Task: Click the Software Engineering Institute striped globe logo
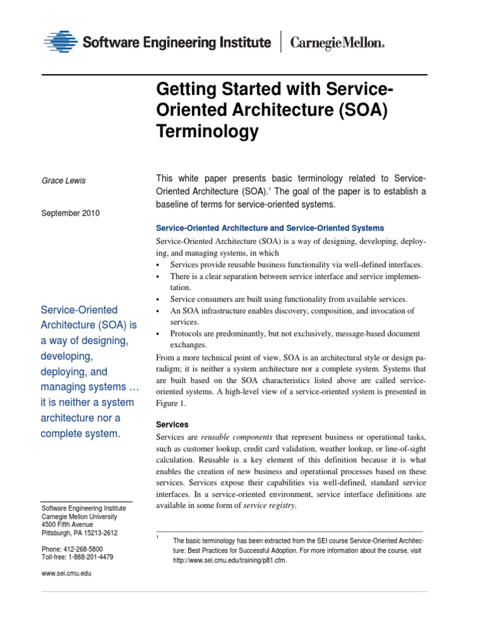coord(61,43)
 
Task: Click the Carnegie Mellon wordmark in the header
coord(336,43)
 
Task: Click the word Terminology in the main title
coord(207,131)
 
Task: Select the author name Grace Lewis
coord(63,181)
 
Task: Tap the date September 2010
coord(70,213)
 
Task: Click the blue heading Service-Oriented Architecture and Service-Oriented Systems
coord(270,228)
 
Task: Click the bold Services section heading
coord(172,425)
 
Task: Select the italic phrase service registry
coord(269,506)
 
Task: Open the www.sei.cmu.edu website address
coord(66,574)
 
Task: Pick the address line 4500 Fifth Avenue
coord(67,525)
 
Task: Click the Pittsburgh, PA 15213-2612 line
coord(79,533)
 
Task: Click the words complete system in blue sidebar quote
coord(79,433)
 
